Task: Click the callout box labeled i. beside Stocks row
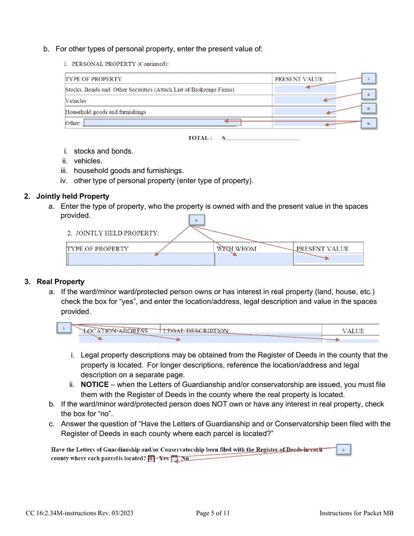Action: click(369, 79)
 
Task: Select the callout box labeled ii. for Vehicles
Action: click(369, 94)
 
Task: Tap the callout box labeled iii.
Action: click(369, 109)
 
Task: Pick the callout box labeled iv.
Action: click(369, 123)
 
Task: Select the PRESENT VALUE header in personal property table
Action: click(299, 79)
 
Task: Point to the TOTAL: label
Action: click(200, 138)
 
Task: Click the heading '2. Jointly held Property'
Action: click(73, 196)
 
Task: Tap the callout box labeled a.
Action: click(197, 220)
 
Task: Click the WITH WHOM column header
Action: click(237, 249)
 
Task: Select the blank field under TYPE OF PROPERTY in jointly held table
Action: click(141, 259)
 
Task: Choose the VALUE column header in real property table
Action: click(353, 331)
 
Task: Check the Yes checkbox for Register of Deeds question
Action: click(151, 458)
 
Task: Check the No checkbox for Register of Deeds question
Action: click(174, 458)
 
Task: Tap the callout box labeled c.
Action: click(343, 450)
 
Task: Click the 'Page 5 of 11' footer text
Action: click(213, 513)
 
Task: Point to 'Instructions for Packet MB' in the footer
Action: click(356, 513)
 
